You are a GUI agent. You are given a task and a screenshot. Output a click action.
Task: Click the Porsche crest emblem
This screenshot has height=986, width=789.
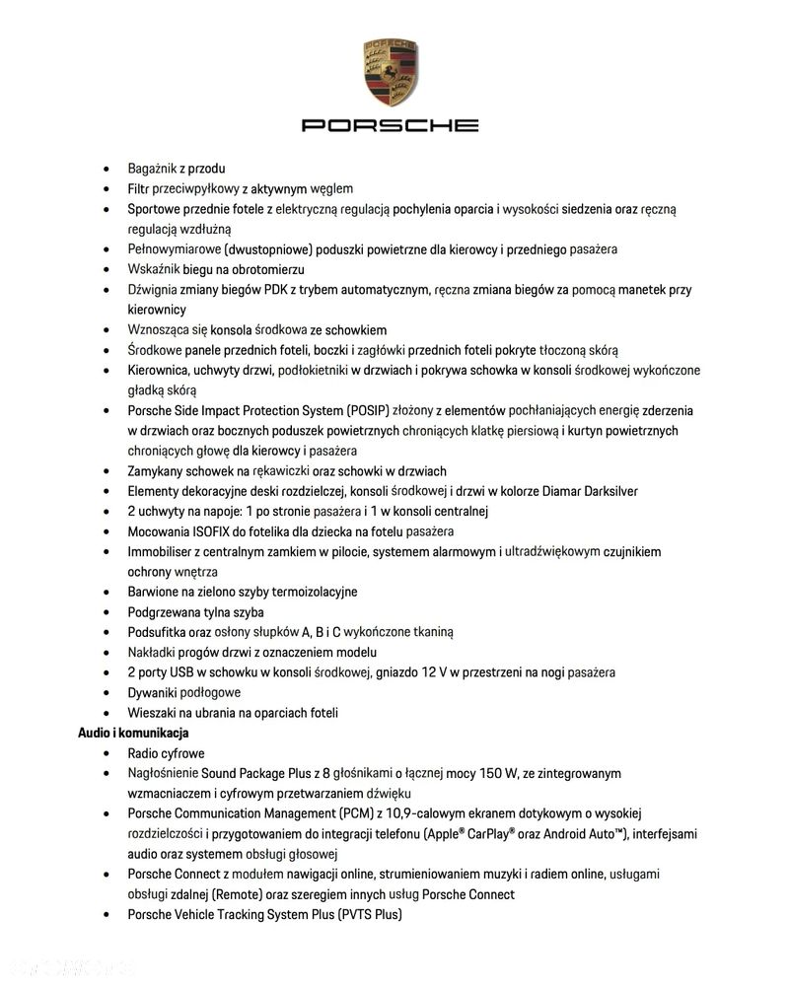(x=390, y=75)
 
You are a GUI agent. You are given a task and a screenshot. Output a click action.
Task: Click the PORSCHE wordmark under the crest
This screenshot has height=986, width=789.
(x=390, y=125)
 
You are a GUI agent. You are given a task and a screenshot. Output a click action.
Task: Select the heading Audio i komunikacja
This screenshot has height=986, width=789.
(x=133, y=733)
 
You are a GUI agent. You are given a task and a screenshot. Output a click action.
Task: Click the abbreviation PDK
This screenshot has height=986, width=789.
(x=303, y=290)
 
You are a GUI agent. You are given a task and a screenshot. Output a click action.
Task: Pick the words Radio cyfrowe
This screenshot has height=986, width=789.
(x=167, y=753)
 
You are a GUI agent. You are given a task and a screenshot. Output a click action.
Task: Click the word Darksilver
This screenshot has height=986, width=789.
(x=603, y=491)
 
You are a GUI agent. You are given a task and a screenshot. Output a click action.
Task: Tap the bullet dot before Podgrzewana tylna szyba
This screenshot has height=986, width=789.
(x=108, y=612)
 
